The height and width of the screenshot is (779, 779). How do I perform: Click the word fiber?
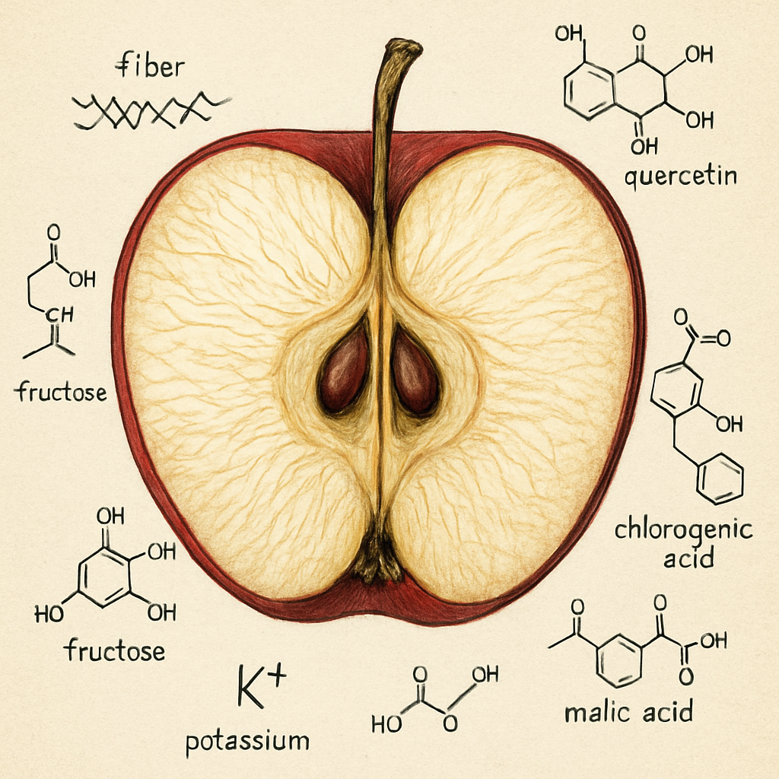tap(150, 66)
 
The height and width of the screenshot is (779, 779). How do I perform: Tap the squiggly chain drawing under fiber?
tap(151, 110)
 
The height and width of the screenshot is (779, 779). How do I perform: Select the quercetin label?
tap(680, 176)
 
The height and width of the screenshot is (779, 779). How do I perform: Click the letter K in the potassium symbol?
tap(250, 687)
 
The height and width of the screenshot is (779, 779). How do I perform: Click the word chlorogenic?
tap(684, 531)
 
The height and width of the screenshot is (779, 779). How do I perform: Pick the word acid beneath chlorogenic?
tap(688, 558)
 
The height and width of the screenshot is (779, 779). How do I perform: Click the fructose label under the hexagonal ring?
tap(114, 650)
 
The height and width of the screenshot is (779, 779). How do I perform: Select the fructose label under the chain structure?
tap(60, 392)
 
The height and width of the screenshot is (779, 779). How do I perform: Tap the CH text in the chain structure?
tap(59, 314)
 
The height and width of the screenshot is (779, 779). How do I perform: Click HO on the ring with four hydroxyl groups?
tap(49, 615)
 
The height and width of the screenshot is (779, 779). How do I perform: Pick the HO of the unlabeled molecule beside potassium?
tap(386, 725)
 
